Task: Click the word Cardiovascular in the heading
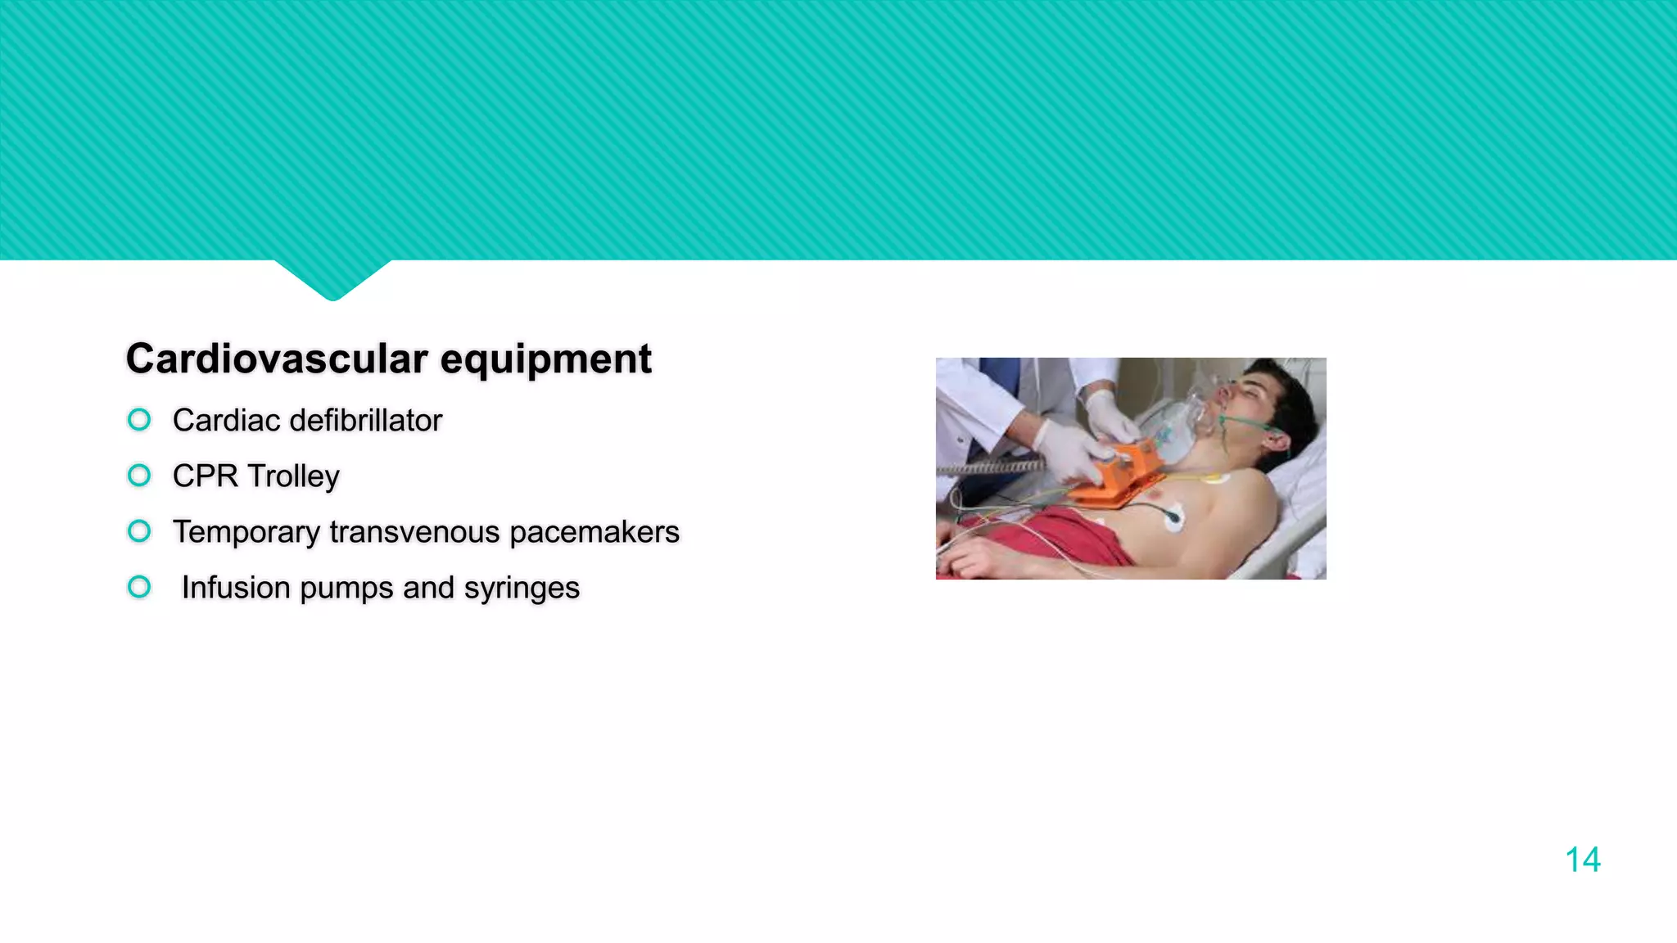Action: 277,359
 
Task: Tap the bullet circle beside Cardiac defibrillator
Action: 139,420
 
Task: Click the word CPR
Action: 205,476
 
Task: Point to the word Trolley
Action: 293,476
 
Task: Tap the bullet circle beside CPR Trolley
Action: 139,476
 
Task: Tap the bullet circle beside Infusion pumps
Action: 139,587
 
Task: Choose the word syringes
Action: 522,589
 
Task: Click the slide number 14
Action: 1582,860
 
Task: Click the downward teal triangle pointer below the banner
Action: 332,278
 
